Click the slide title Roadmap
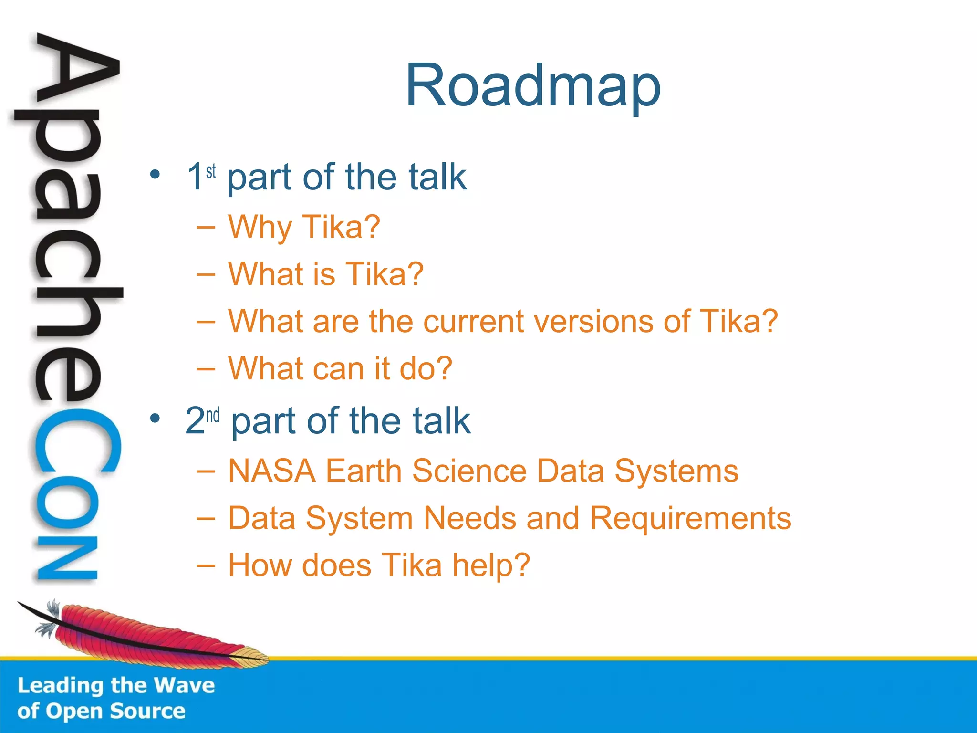[533, 86]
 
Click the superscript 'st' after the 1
[211, 171]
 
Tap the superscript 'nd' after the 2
[213, 415]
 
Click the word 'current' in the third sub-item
[474, 321]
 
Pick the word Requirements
[690, 518]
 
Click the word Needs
[470, 518]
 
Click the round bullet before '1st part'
[155, 174]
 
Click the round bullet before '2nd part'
[155, 419]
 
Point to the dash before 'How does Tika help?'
[206, 566]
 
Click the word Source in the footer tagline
[147, 711]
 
